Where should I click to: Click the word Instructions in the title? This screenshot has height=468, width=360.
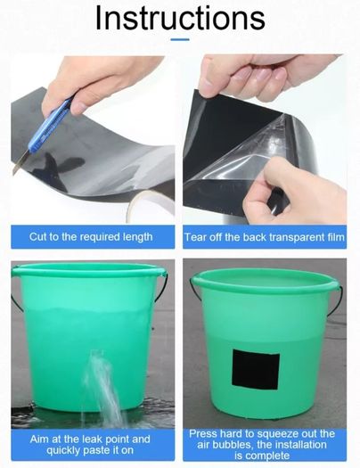[180, 18]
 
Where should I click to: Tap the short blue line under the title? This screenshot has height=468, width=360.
[180, 39]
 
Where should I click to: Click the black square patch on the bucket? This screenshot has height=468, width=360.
[256, 370]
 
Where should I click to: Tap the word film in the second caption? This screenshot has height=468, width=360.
[334, 237]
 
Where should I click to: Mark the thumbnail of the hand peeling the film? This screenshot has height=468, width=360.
[265, 139]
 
